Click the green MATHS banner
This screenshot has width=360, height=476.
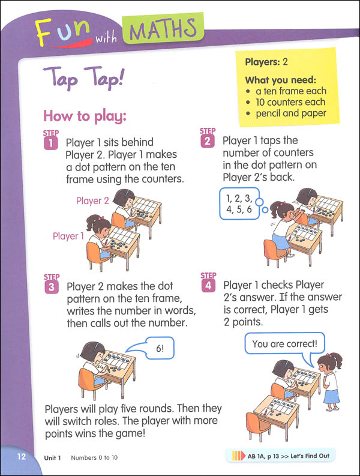(x=163, y=28)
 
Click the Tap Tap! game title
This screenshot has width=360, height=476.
(x=84, y=78)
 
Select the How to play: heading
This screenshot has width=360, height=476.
(x=85, y=116)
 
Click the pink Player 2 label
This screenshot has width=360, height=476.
(x=92, y=200)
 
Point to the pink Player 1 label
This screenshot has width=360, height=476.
(x=68, y=236)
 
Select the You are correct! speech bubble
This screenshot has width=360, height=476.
(x=284, y=343)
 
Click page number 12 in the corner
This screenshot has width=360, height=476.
(x=22, y=457)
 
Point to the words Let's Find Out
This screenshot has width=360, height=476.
(x=310, y=456)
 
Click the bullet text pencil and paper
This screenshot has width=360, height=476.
(x=291, y=113)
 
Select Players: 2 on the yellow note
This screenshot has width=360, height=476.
(x=266, y=62)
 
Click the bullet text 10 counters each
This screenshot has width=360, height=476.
(x=290, y=102)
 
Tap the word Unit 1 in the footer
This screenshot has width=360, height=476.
(x=53, y=458)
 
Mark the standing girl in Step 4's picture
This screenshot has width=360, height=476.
(x=329, y=381)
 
